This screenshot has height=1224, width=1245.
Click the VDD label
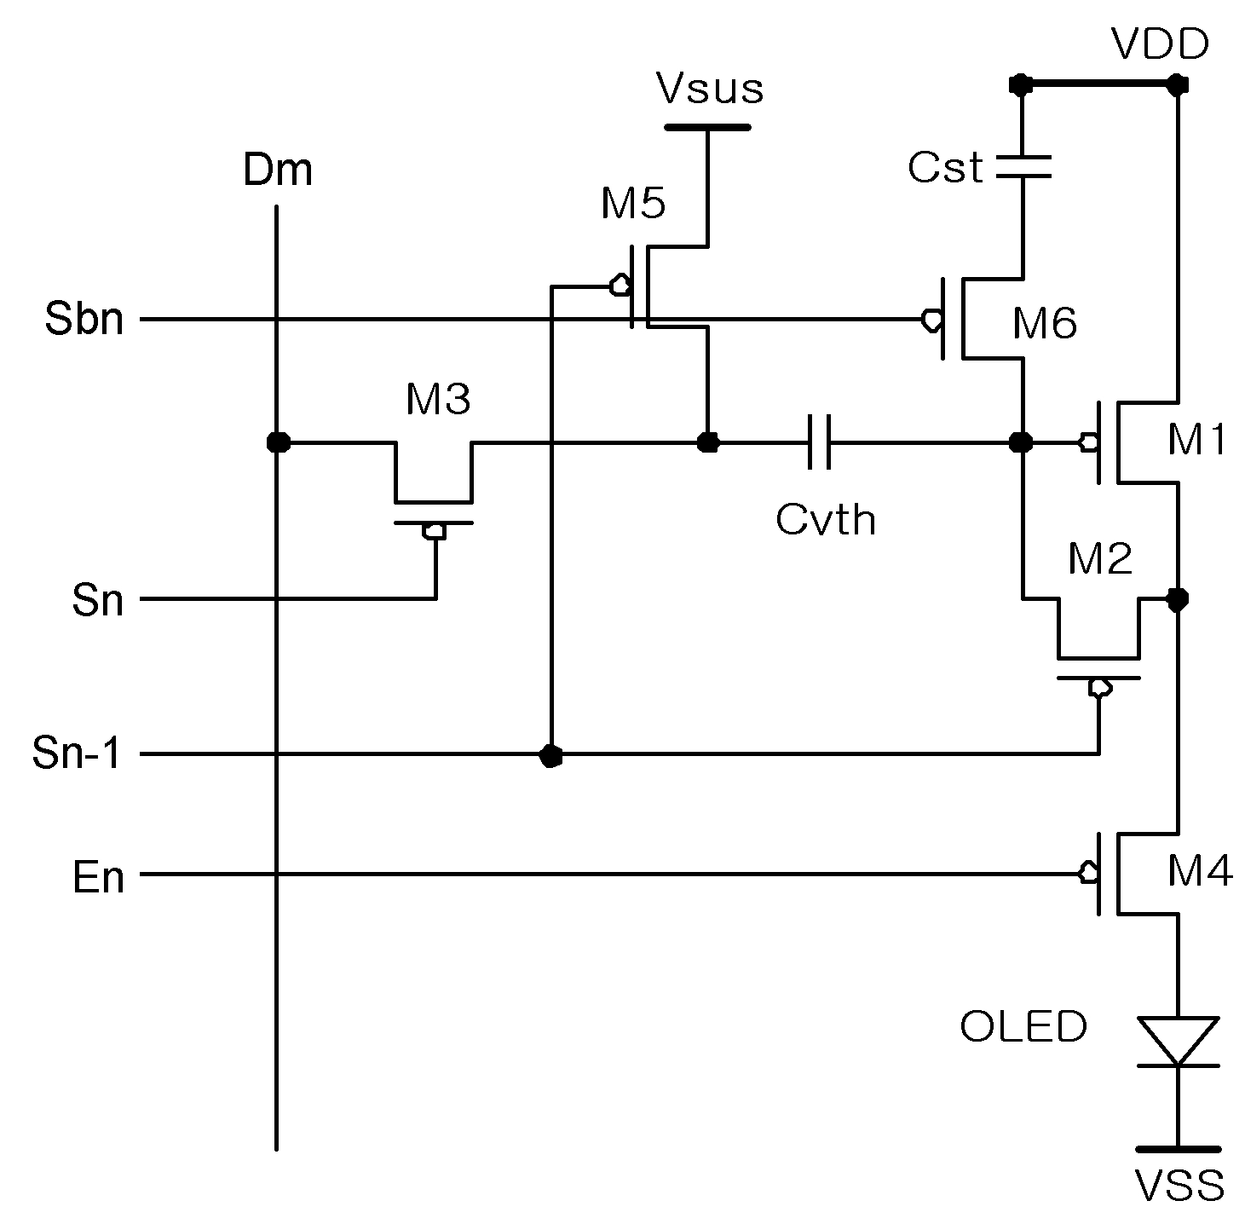(1160, 44)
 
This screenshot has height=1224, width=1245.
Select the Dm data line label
(278, 170)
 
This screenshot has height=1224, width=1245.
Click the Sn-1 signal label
(76, 753)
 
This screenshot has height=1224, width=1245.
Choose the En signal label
(98, 877)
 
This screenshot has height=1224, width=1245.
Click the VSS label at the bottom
(1179, 1186)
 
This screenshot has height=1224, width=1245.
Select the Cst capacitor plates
(1023, 166)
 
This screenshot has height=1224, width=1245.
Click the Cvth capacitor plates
(819, 442)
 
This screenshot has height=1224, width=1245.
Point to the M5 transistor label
(632, 203)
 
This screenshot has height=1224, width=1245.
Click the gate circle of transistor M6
(931, 320)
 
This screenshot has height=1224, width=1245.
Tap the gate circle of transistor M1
(1089, 442)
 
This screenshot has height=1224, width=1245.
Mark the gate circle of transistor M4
(1089, 873)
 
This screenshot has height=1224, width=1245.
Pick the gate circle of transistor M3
(434, 531)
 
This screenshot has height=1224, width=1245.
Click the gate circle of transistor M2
(1099, 688)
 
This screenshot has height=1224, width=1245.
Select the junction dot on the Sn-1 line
(550, 755)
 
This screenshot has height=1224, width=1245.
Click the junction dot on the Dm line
(279, 442)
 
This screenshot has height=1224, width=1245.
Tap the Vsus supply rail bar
(708, 127)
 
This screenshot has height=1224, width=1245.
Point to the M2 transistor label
(1099, 558)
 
